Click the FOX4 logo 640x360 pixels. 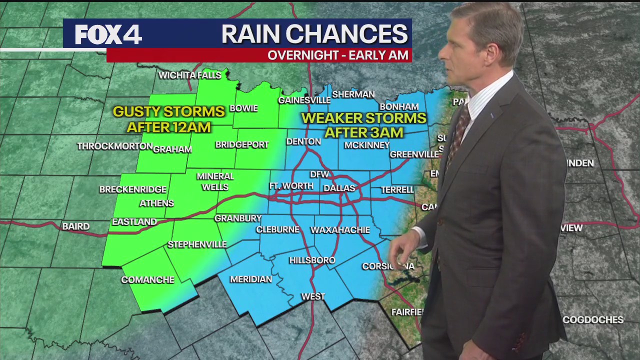tap(108, 34)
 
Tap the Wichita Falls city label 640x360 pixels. tap(189, 75)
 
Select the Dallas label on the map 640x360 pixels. tap(339, 188)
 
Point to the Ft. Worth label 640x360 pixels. tap(291, 186)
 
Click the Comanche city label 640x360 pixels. tap(147, 279)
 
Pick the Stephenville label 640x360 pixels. tap(197, 244)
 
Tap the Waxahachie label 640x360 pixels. tap(340, 230)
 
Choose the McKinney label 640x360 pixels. tap(367, 145)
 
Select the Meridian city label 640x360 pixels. tap(251, 279)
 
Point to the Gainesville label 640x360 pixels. tap(304, 100)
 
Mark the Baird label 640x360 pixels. tap(76, 226)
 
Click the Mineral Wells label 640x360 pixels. tap(215, 181)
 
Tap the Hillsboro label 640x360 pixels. tap(312, 260)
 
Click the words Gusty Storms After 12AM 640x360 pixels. tap(168, 119)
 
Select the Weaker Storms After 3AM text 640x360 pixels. tap(363, 125)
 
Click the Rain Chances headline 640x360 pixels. tap(314, 34)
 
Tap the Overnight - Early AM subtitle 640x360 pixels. tap(338, 55)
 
